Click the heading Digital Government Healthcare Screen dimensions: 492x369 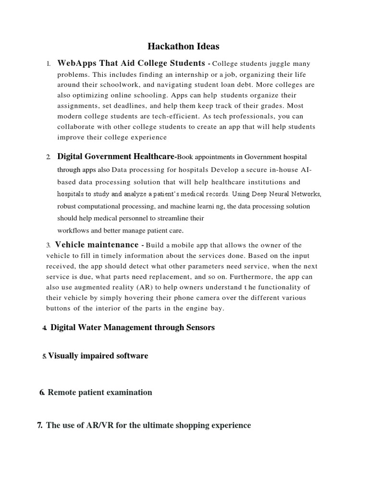[x=116, y=157]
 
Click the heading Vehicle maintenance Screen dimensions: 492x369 [x=97, y=245]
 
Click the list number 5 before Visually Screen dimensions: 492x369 [x=44, y=356]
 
